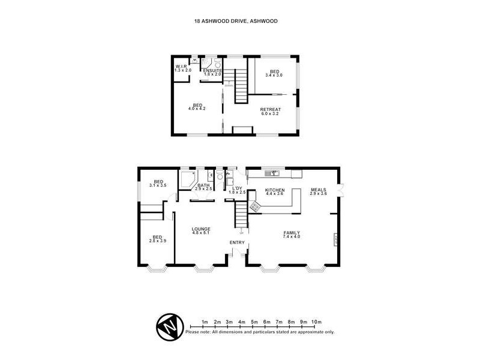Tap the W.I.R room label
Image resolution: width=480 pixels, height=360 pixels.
182,68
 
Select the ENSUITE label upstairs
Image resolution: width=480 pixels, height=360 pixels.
212,72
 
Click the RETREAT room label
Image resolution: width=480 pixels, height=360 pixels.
271,111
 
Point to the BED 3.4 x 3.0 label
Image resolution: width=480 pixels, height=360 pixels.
274,73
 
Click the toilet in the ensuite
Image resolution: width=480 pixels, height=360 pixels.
218,64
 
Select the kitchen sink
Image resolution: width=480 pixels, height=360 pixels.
274,174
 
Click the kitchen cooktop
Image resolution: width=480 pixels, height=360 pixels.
254,206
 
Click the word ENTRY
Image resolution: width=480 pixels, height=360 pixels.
238,242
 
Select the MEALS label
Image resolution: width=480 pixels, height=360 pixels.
318,192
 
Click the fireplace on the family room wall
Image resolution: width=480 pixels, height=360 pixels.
336,239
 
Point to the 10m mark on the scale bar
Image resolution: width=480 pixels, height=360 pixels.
317,322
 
